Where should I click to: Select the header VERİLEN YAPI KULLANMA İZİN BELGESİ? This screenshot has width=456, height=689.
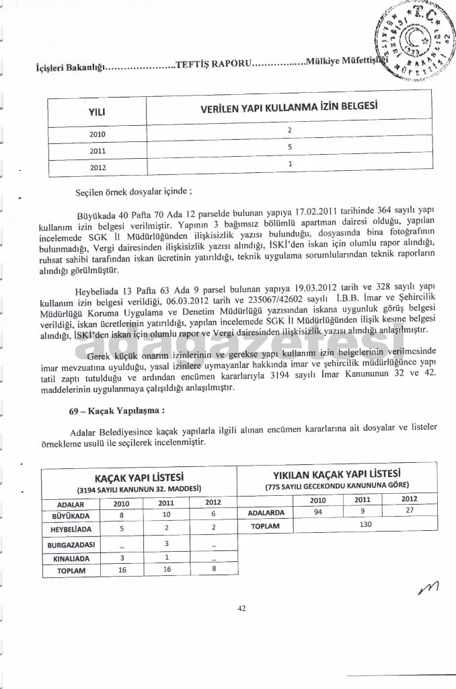click(x=289, y=108)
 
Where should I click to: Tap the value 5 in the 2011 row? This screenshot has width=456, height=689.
click(x=289, y=146)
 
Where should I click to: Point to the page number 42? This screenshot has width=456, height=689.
click(x=241, y=608)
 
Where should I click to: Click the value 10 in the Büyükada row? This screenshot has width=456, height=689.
click(x=166, y=515)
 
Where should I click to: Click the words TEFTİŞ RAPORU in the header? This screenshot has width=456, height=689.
click(x=213, y=64)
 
